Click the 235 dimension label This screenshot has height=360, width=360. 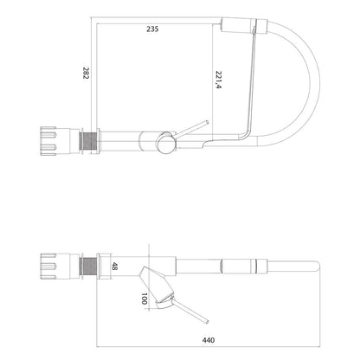pyautogui.click(x=152, y=29)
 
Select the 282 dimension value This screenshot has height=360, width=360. pyautogui.click(x=87, y=73)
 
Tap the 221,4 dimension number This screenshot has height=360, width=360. pyautogui.click(x=218, y=80)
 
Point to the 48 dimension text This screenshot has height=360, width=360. pyautogui.click(x=114, y=266)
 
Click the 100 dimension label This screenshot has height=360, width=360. pyautogui.click(x=145, y=299)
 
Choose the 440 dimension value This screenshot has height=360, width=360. pyautogui.click(x=209, y=340)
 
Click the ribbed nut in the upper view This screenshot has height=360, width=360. pyautogui.click(x=48, y=141)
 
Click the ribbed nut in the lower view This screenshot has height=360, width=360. pyautogui.click(x=48, y=267)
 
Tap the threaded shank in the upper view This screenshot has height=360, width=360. pyautogui.click(x=89, y=141)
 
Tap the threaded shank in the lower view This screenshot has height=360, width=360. pyautogui.click(x=89, y=266)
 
